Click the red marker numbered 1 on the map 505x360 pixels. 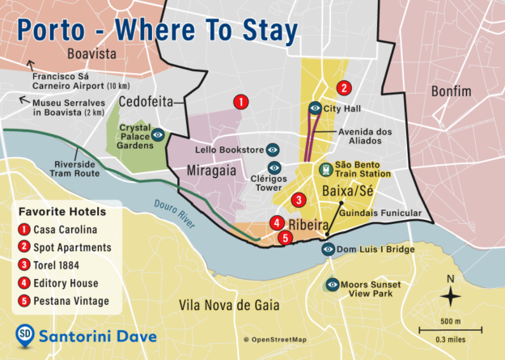[x=240, y=102]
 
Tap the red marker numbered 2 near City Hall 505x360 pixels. [x=344, y=88]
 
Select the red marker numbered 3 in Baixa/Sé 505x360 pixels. [x=299, y=200]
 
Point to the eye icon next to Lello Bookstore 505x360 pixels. [x=274, y=150]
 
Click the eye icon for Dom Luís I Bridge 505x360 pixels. [x=329, y=249]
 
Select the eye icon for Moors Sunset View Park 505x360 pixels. [x=332, y=285]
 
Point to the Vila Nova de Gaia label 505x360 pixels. [x=229, y=305]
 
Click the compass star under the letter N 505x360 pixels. [x=450, y=298]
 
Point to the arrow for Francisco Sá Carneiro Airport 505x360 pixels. [x=30, y=65]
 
